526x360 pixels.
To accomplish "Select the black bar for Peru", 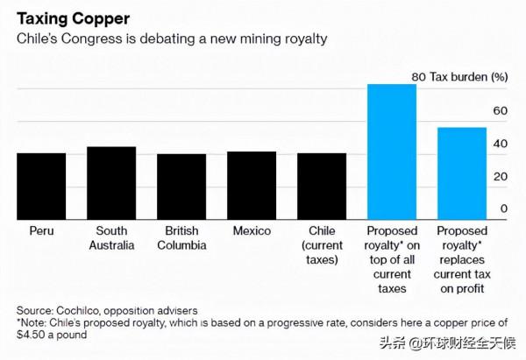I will (x=41, y=186).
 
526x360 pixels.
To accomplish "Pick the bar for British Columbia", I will (x=181, y=186).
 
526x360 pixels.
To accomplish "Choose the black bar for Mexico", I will (x=252, y=185).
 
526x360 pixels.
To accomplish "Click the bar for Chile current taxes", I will (x=322, y=186).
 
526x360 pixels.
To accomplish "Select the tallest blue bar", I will (x=392, y=151).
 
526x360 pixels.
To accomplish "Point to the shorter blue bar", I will (x=461, y=173).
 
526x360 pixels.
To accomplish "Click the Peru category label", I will (x=41, y=232).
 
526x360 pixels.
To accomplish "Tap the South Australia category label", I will (x=111, y=238).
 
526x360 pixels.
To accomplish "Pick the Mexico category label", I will (x=252, y=232).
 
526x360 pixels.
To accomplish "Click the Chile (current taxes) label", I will (x=322, y=245).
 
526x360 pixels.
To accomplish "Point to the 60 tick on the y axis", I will (x=501, y=110).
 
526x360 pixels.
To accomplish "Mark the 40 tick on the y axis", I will (x=501, y=144).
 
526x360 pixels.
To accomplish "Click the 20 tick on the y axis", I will (x=501, y=176).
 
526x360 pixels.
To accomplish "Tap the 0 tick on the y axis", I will (x=503, y=209).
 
